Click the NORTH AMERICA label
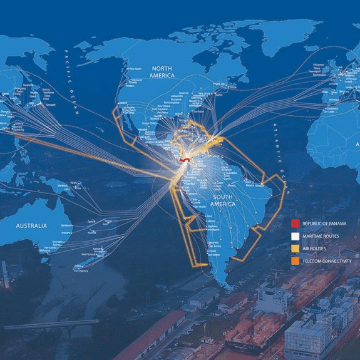pyautogui.click(x=162, y=71)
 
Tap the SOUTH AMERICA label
pyautogui.click(x=222, y=201)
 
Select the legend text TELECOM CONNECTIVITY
pyautogui.click(x=326, y=260)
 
